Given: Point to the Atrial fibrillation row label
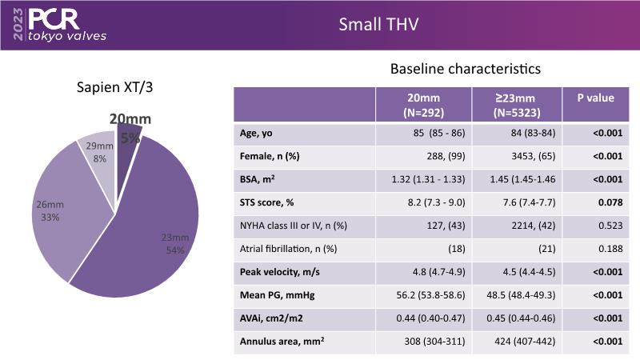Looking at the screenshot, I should coord(286,250).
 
